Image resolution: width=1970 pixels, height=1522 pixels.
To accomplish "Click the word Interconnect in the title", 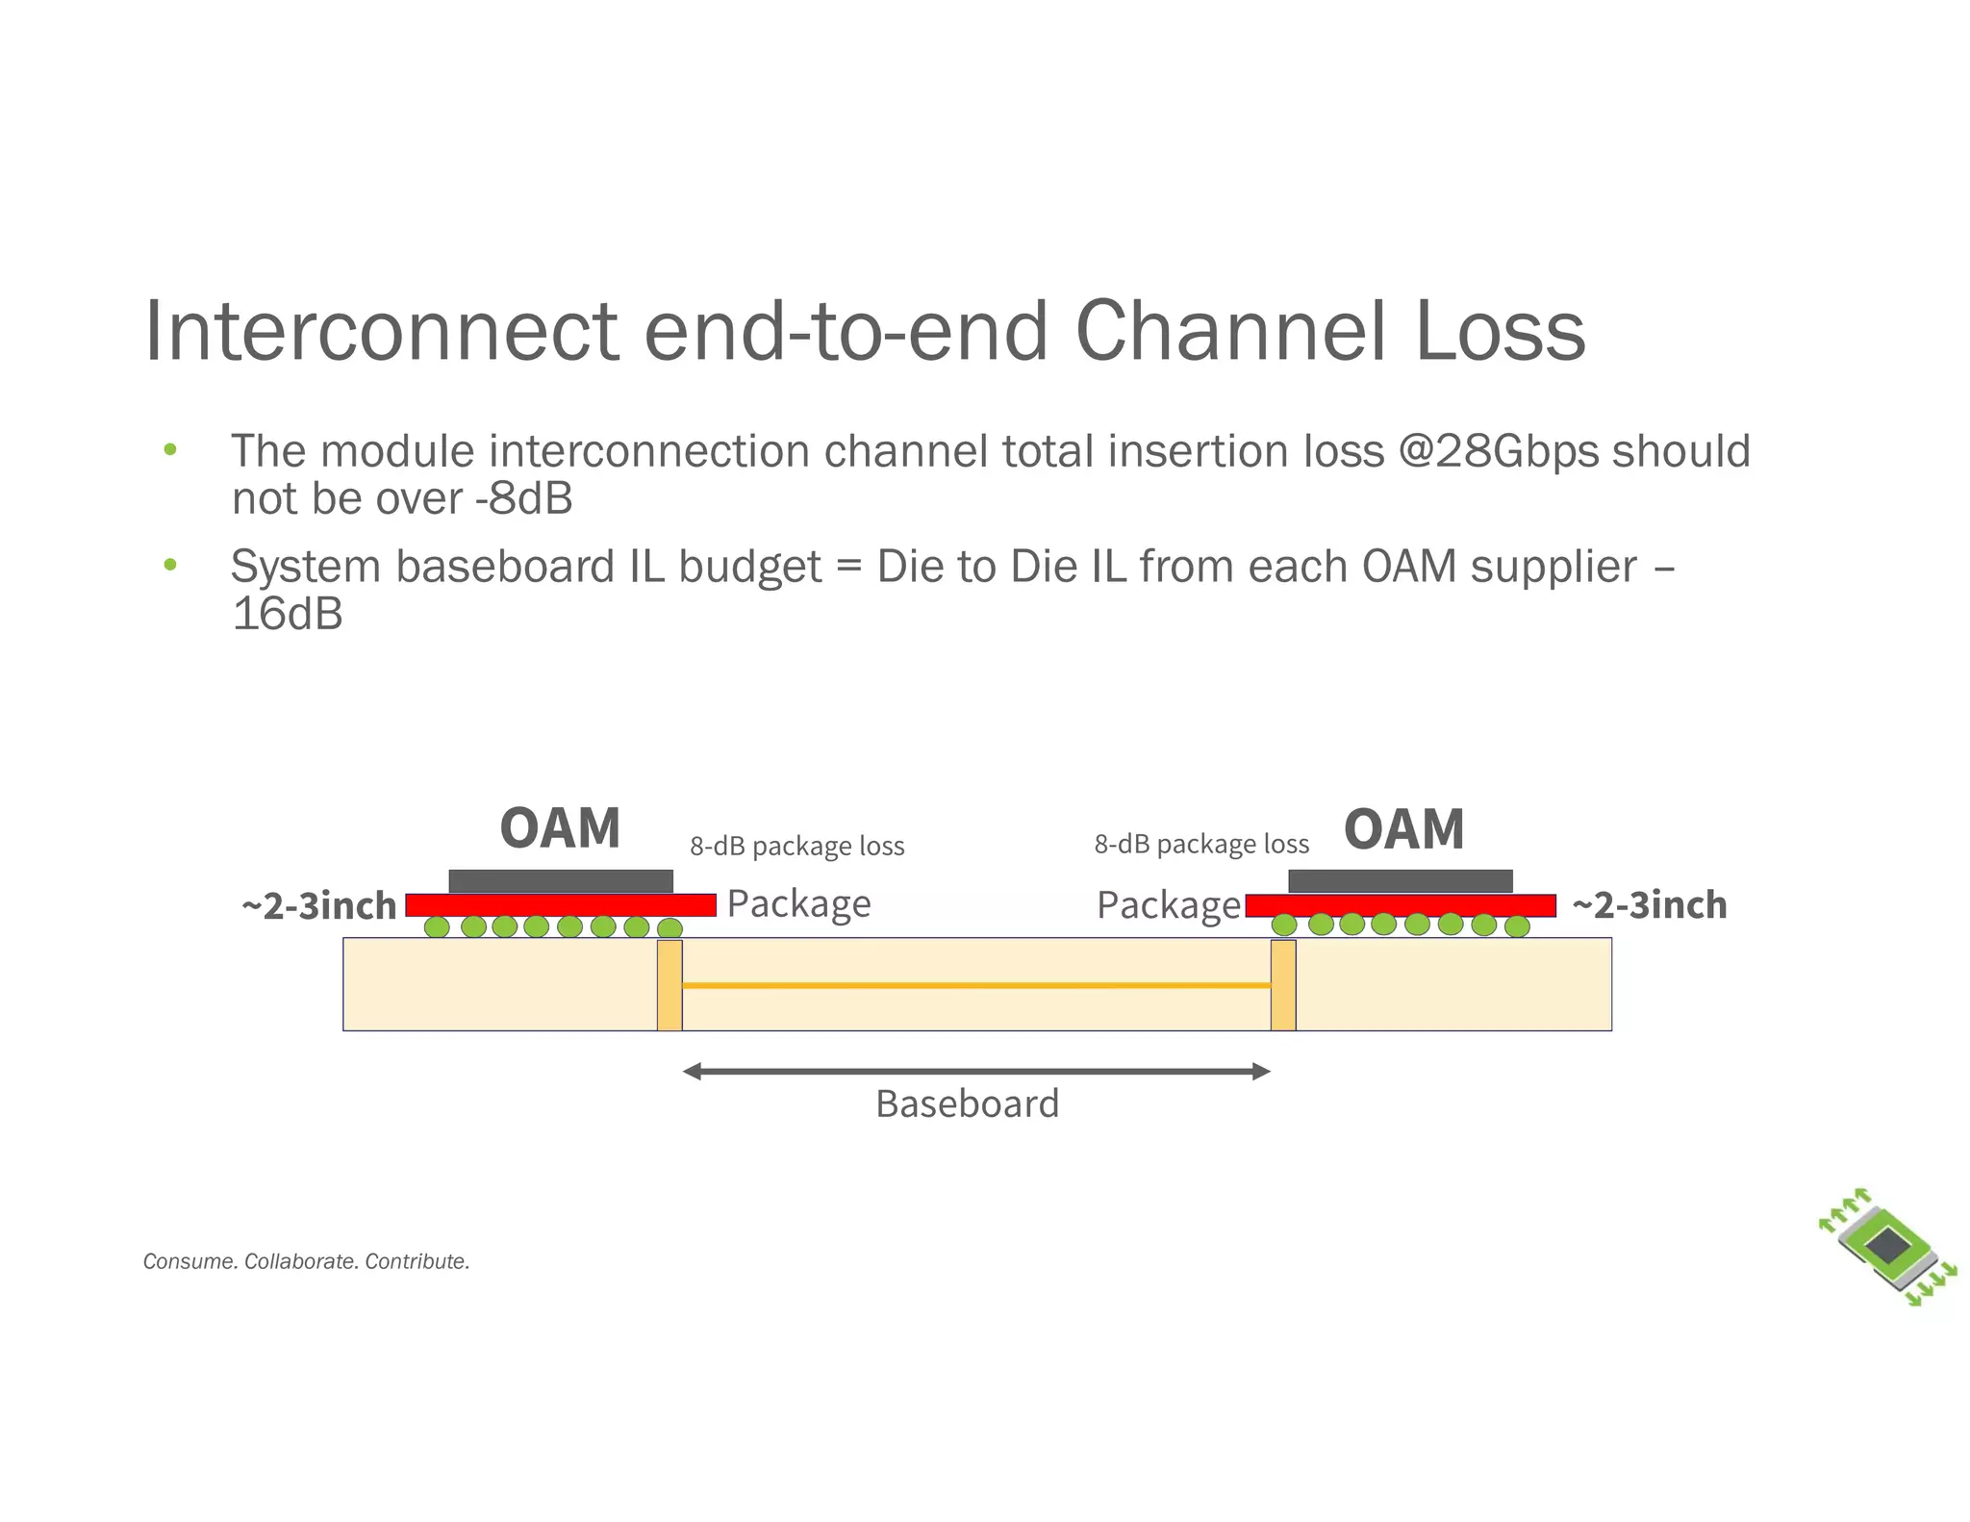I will (381, 331).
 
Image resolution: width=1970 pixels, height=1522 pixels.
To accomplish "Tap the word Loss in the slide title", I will (1500, 331).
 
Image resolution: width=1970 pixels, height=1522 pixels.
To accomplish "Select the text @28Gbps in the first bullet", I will (1498, 452).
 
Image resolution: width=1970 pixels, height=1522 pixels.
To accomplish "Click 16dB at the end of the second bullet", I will (287, 614).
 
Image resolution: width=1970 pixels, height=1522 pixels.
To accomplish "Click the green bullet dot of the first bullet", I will (170, 450).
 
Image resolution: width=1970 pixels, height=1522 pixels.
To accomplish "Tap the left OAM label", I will (560, 828).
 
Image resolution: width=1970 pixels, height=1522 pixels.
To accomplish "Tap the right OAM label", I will (1403, 829).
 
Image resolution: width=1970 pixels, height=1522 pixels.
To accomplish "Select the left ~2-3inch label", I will (318, 906).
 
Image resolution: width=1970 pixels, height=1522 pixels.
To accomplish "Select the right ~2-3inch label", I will (1649, 905).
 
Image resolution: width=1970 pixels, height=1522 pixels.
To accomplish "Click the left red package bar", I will (560, 905).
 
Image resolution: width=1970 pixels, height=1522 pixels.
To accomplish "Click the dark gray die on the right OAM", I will (1400, 880).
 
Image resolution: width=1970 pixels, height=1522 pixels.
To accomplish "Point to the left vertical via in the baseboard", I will (669, 985).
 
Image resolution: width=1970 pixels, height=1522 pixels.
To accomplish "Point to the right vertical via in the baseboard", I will (1282, 985).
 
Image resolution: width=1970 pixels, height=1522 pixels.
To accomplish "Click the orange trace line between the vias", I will (975, 985).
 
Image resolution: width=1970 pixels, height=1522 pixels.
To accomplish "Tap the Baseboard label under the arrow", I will (967, 1103).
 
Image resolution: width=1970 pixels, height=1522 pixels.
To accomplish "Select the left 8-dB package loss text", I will (796, 847).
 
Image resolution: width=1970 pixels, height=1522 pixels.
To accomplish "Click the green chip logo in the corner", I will (1887, 1247).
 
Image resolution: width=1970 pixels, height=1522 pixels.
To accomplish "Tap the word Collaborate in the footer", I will (301, 1261).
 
